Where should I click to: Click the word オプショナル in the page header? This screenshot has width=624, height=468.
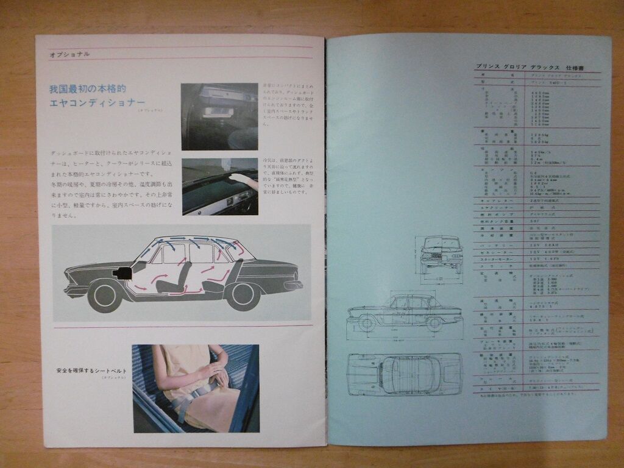(x=69, y=54)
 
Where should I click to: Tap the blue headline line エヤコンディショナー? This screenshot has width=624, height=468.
(x=97, y=102)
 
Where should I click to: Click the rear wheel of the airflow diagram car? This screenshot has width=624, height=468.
(x=243, y=296)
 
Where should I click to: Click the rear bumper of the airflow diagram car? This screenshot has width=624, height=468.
(x=295, y=285)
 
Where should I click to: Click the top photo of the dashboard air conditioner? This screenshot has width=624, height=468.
(x=219, y=116)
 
